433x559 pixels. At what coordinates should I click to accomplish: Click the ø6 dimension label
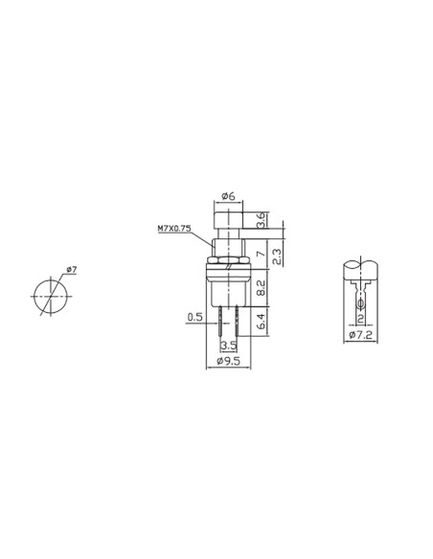(x=228, y=196)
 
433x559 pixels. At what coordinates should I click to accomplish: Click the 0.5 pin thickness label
(x=194, y=317)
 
